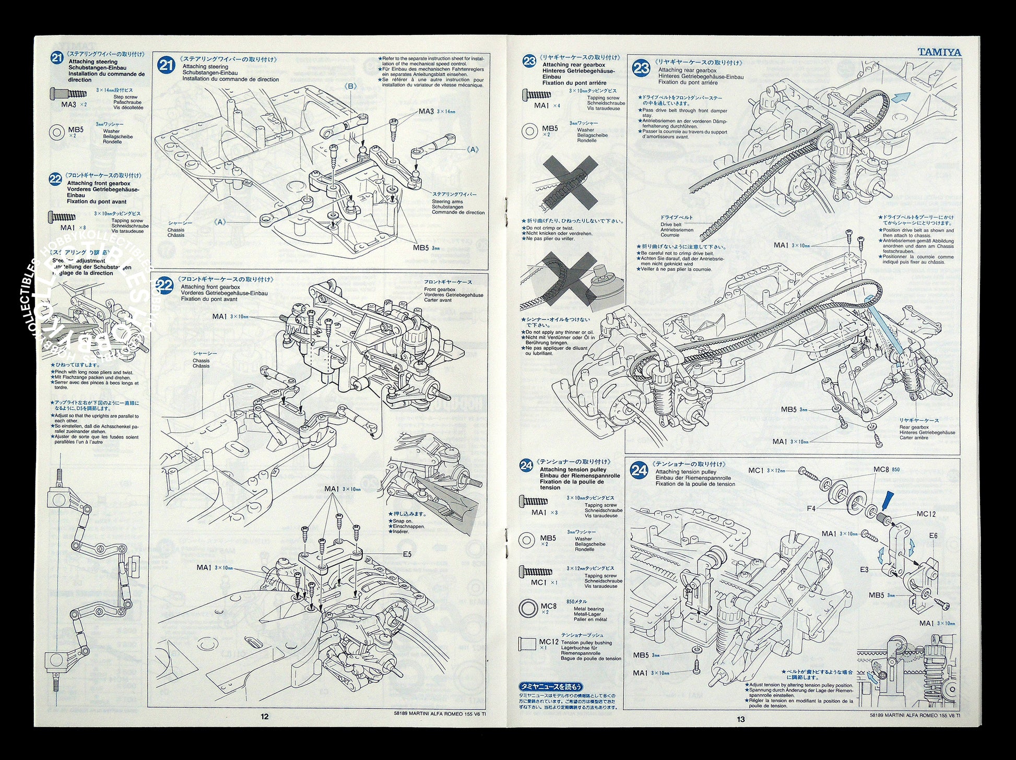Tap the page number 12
[264, 716]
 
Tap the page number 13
[741, 719]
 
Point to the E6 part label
[934, 536]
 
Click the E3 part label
[864, 569]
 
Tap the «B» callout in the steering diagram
[351, 86]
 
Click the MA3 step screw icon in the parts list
[68, 94]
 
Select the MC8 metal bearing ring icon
[528, 608]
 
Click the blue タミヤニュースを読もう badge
[550, 686]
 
